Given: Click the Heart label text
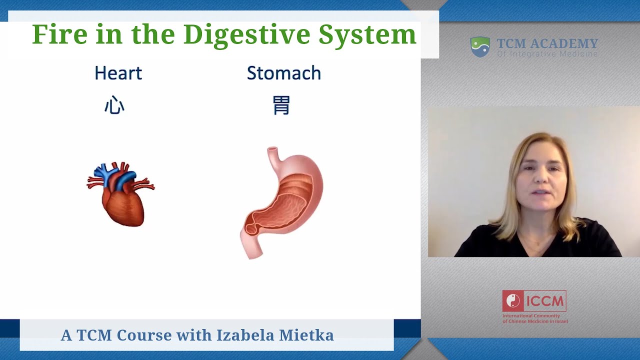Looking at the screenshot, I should click(x=118, y=73).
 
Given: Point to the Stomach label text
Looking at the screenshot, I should click(x=283, y=73).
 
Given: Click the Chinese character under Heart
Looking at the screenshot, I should click(x=114, y=106).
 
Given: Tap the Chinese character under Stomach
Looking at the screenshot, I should click(x=281, y=106).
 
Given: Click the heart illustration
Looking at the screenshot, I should click(x=122, y=197).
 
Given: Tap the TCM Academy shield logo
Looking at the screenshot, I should click(x=480, y=46).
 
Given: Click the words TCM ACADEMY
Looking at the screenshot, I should click(x=547, y=43).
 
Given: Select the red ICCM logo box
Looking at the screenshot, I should click(x=534, y=301).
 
